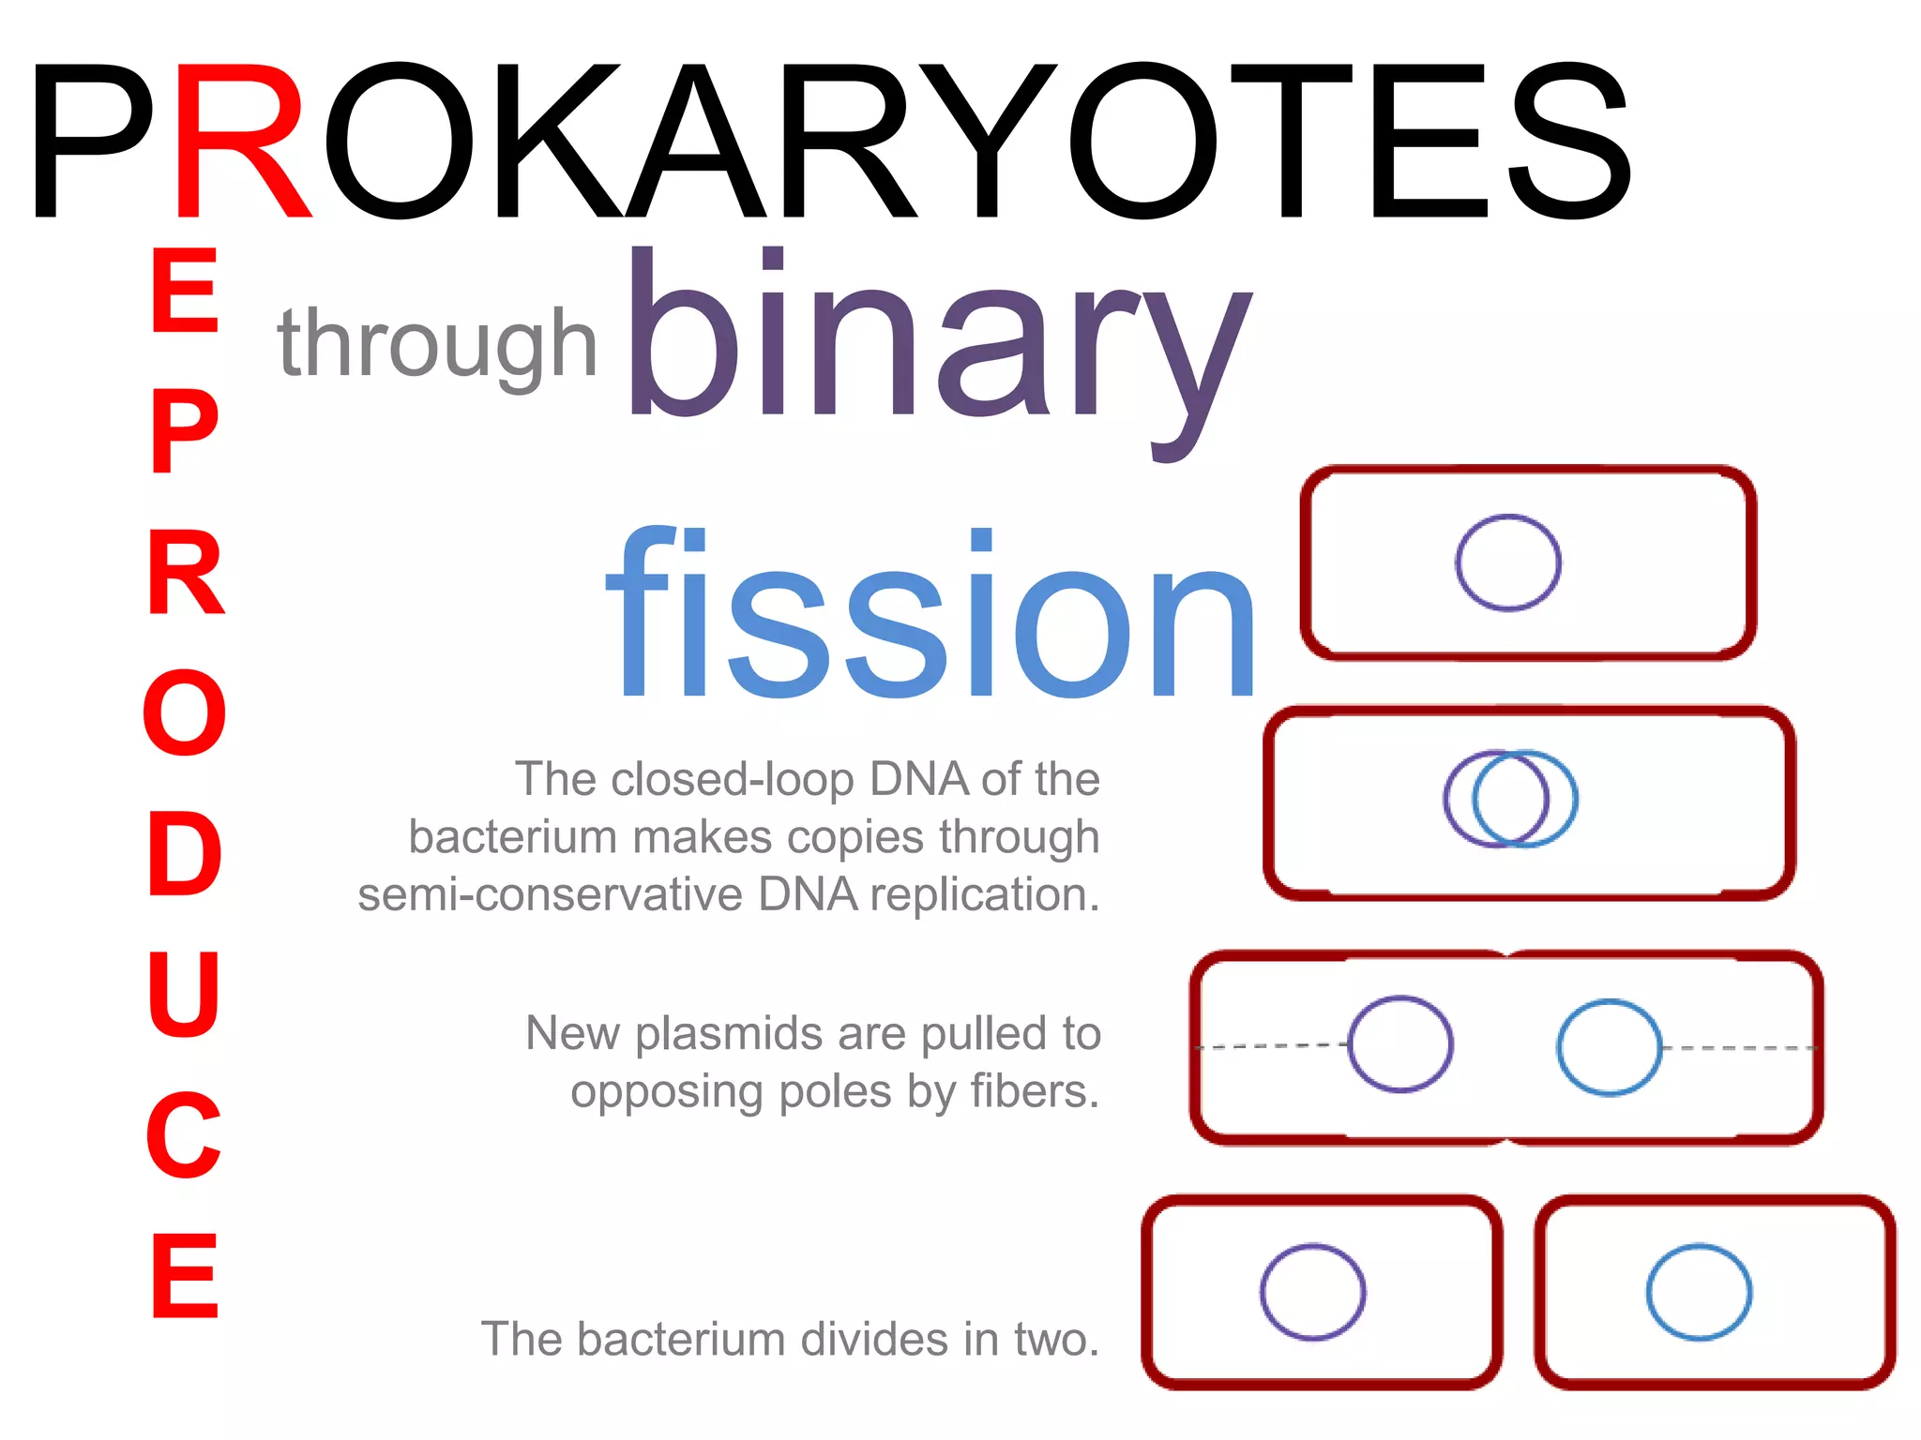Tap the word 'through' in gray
pyautogui.click(x=437, y=345)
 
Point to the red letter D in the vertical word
pyautogui.click(x=185, y=853)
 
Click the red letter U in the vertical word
pyautogui.click(x=184, y=994)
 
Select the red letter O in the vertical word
pyautogui.click(x=185, y=712)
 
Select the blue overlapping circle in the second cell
pyautogui.click(x=1575, y=799)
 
